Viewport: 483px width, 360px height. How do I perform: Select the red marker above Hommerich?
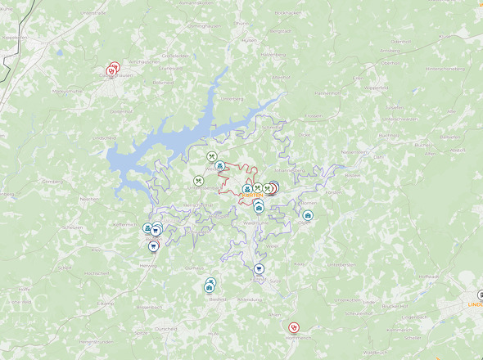coord(295,327)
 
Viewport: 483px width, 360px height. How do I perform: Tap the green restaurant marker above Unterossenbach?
coord(199,181)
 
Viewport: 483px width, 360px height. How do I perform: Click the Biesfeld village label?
coord(218,299)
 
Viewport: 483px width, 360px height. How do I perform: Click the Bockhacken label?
coord(289,14)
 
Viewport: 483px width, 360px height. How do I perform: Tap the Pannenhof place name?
coord(326,93)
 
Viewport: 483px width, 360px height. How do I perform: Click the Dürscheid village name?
coord(165,328)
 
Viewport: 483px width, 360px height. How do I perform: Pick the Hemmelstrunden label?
coord(95,341)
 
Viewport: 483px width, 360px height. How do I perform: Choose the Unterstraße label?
coord(95,14)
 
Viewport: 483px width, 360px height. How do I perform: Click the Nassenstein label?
coord(354,152)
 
